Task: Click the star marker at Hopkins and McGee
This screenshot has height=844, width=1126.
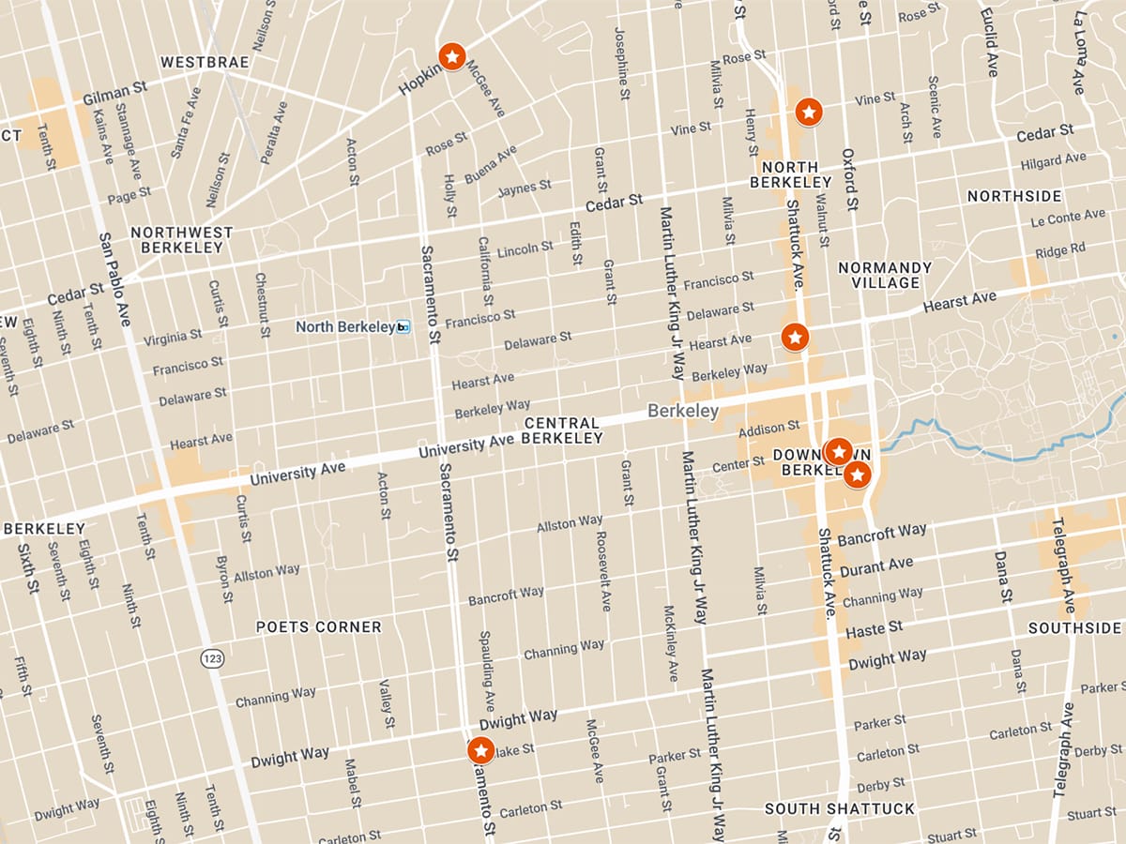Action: click(451, 57)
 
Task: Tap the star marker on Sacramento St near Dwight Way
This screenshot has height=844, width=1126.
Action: click(480, 750)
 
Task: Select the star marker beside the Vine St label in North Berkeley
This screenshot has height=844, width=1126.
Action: click(809, 113)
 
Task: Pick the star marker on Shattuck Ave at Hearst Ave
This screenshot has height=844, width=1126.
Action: click(795, 336)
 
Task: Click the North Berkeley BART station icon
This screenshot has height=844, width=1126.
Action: click(403, 327)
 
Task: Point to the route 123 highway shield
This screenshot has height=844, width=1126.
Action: click(212, 659)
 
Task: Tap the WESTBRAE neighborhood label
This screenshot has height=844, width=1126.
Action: click(205, 63)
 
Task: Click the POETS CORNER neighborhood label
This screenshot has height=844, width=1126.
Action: click(319, 626)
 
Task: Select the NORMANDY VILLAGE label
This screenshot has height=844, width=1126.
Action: click(885, 275)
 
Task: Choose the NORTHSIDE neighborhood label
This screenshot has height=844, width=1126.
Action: click(1014, 196)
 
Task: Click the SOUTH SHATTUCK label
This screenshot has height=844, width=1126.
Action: click(839, 808)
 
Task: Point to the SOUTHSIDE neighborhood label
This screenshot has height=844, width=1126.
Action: click(1074, 627)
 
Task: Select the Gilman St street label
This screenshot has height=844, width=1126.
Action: click(115, 92)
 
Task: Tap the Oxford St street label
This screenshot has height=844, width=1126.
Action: click(849, 178)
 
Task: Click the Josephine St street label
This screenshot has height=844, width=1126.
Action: click(620, 63)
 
